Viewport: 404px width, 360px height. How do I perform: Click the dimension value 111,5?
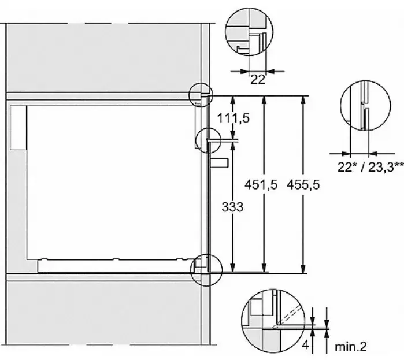click(x=233, y=118)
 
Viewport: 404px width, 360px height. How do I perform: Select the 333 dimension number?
click(x=232, y=207)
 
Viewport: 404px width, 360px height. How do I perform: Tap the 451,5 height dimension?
click(x=261, y=185)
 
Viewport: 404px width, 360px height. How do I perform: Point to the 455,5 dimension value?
click(x=303, y=185)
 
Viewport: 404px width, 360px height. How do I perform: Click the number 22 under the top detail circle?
click(x=258, y=80)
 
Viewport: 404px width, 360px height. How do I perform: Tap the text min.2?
click(x=351, y=347)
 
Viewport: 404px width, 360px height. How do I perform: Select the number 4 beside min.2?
click(x=305, y=345)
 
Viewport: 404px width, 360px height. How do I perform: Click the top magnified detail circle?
click(x=225, y=31)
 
